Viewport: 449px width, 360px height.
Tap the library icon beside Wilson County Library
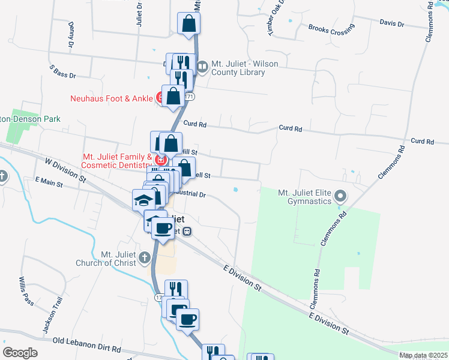point(202,67)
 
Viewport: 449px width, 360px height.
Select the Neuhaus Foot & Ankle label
point(112,98)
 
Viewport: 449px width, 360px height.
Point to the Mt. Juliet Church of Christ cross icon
point(144,258)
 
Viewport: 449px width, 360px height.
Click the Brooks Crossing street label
point(331,28)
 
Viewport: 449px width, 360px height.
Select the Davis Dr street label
point(392,23)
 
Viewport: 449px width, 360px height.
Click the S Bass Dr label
point(63,72)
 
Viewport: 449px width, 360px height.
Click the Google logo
point(20,353)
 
